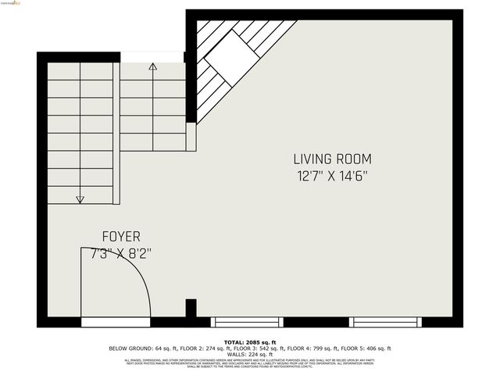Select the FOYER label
click(121, 236)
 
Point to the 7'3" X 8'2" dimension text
click(121, 253)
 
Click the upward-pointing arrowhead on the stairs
click(152, 67)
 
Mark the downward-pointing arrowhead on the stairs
click(80, 200)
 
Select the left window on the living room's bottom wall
click(247, 322)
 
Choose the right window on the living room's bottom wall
click(385, 322)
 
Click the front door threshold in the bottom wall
click(115, 322)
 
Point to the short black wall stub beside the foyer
click(191, 307)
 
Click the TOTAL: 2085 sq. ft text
click(250, 342)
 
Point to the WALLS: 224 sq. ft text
click(250, 354)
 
